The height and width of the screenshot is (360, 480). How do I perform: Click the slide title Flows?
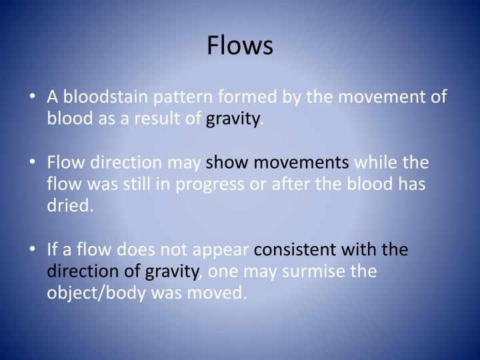240,45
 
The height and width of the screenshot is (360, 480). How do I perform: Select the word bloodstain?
105,98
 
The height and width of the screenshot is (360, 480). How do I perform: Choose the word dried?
70,206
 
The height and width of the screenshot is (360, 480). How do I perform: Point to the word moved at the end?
221,293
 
